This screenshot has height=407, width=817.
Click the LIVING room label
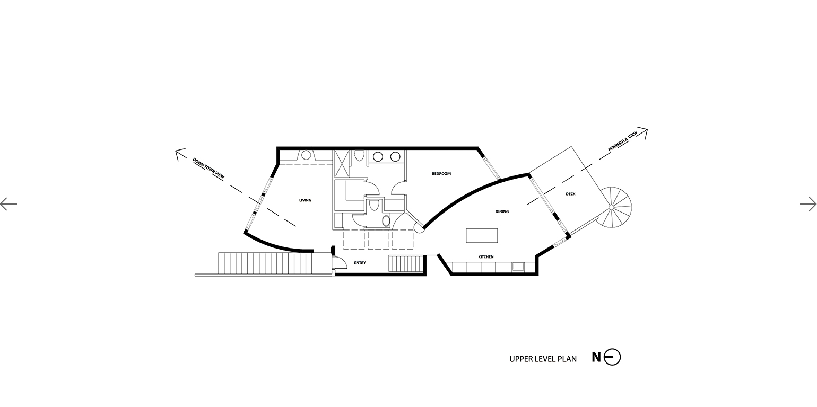(305, 200)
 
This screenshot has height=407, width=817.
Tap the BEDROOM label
(441, 174)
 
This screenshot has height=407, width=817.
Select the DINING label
(502, 211)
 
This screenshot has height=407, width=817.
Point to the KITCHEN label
(486, 257)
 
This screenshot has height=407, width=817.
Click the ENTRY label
(360, 263)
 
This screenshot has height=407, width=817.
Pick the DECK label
(570, 194)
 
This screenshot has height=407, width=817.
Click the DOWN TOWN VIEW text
(208, 168)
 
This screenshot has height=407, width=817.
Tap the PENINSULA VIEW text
(622, 141)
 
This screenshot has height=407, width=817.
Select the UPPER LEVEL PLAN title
(543, 359)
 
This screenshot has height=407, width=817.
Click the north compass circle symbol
(612, 357)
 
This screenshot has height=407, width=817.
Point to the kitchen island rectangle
(482, 235)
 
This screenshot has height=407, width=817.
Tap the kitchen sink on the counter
(518, 267)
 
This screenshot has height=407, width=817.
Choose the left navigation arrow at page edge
(8, 203)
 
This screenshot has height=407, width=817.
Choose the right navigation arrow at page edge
(809, 203)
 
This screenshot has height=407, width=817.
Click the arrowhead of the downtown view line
(179, 153)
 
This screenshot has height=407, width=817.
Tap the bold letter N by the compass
(596, 357)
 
